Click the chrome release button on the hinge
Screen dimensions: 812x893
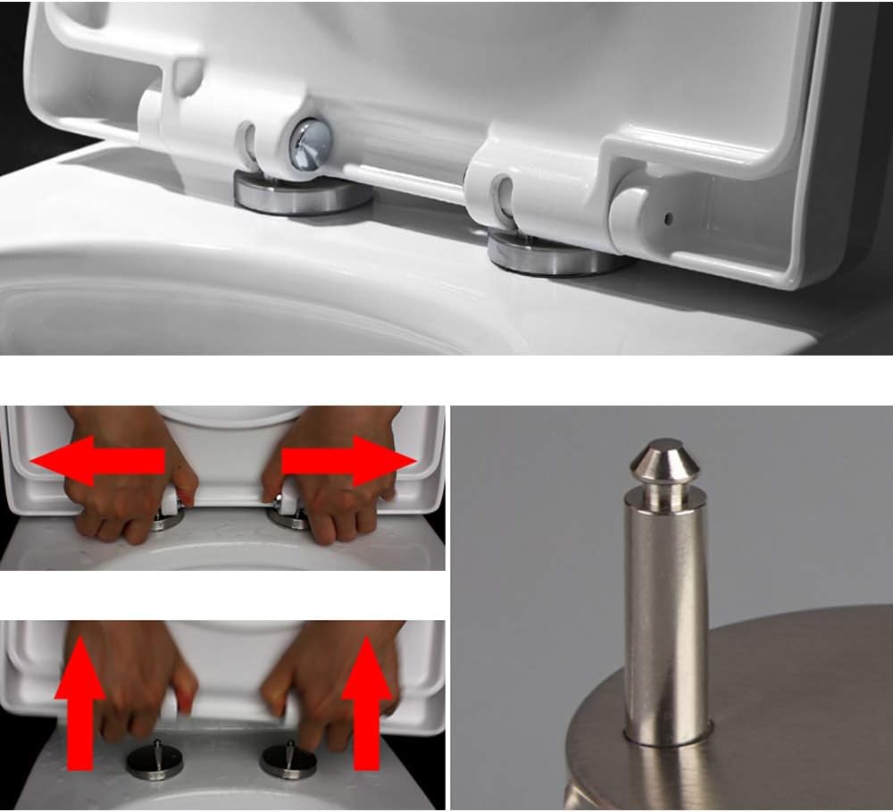(x=309, y=143)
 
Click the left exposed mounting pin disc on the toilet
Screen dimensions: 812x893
(x=154, y=762)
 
